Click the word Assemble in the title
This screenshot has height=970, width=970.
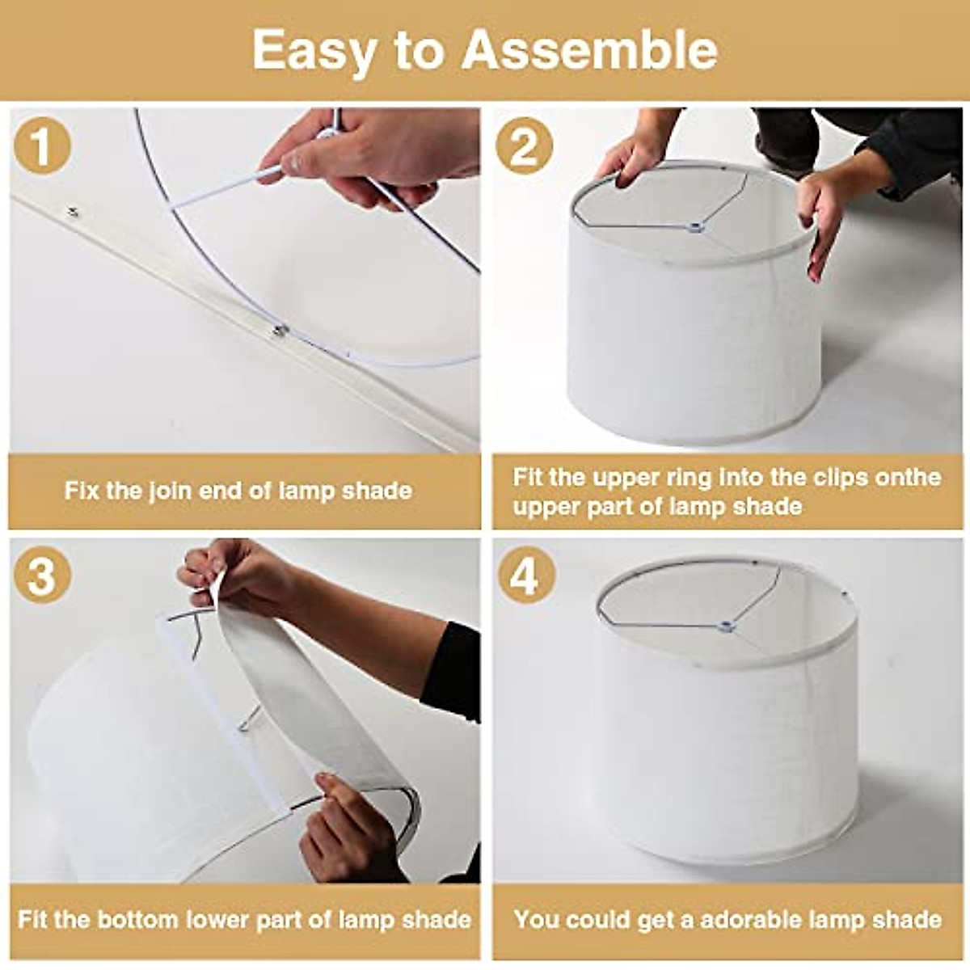pos(589,50)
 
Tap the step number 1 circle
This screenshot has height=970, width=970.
pos(42,146)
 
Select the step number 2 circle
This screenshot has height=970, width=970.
pos(525,146)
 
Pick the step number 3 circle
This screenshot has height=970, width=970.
pos(42,576)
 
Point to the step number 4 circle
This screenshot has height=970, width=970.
pos(525,576)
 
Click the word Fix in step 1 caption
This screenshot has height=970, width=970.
pos(82,491)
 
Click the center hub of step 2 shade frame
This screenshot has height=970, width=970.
pos(693,229)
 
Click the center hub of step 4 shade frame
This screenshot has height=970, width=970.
pos(726,625)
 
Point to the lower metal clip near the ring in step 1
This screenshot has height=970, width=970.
pos(280,330)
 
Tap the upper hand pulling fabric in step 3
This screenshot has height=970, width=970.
pos(234,574)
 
